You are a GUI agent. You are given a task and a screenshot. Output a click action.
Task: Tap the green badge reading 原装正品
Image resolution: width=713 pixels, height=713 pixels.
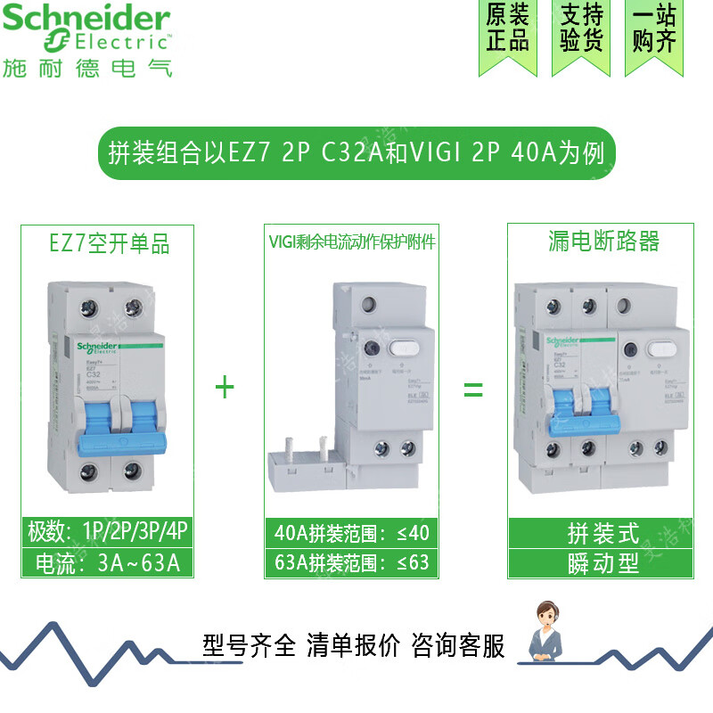pos(508,29)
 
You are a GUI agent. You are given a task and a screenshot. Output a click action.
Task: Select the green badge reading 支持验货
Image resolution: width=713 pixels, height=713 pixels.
pos(582,29)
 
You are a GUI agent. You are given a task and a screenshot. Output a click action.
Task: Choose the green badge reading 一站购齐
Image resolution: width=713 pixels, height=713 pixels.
pos(655,29)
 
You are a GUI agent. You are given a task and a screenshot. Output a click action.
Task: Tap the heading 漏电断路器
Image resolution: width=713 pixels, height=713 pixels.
pos(603,242)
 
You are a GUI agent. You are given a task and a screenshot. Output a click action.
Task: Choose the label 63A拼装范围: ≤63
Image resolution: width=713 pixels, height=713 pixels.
pos(352,563)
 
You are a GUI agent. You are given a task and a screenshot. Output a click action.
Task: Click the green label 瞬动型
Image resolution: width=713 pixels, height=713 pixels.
pos(603,563)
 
